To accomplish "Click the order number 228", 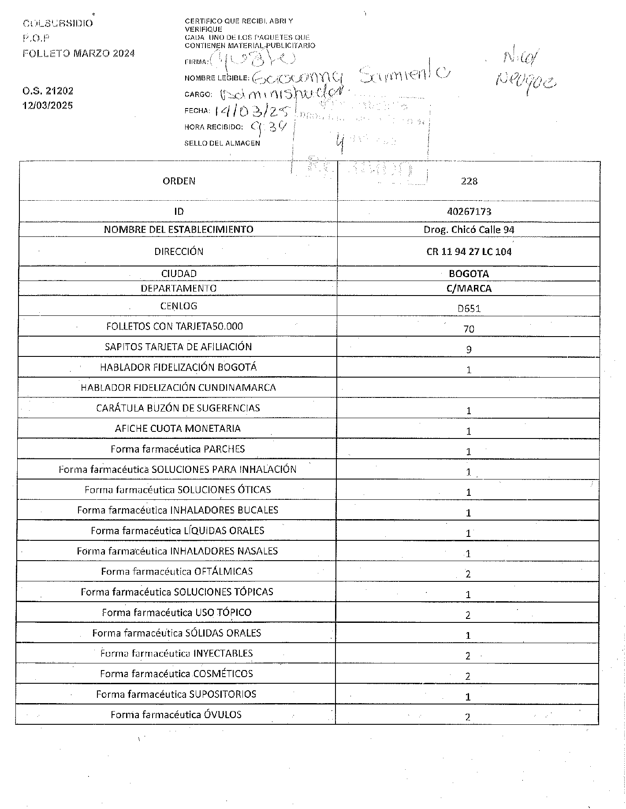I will pyautogui.click(x=469, y=181).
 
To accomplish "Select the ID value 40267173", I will pyautogui.click(x=469, y=212).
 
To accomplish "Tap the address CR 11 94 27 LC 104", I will pyautogui.click(x=469, y=252).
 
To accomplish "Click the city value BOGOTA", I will pyautogui.click(x=469, y=274).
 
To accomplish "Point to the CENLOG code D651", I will pyautogui.click(x=469, y=309).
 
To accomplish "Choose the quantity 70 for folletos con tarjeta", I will pyautogui.click(x=469, y=329).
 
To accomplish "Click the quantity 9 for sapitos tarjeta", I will pyautogui.click(x=469, y=350).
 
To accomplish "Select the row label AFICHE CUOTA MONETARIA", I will pyautogui.click(x=179, y=429).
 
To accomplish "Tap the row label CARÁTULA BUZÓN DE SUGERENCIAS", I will pyautogui.click(x=178, y=408).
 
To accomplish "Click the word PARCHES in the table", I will pyautogui.click(x=224, y=449).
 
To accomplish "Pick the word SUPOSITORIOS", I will pyautogui.click(x=223, y=694).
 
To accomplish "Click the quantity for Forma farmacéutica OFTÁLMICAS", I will pyautogui.click(x=468, y=574).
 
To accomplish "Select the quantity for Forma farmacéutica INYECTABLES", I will pyautogui.click(x=468, y=656).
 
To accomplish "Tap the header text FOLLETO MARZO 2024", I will pyautogui.click(x=78, y=54).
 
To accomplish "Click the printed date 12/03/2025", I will pyautogui.click(x=48, y=106).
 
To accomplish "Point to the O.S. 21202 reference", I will pyautogui.click(x=48, y=91).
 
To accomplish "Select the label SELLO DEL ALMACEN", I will pyautogui.click(x=222, y=143).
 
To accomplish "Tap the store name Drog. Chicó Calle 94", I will pyautogui.click(x=469, y=230).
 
